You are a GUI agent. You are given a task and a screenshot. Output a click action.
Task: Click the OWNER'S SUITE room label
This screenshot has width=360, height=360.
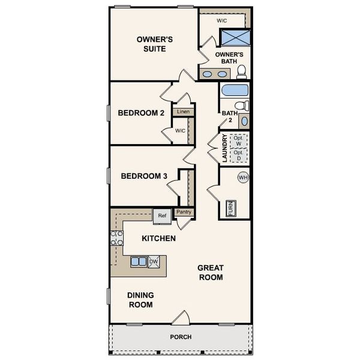click(154, 44)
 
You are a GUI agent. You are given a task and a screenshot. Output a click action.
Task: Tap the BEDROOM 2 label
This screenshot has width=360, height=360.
click(141, 113)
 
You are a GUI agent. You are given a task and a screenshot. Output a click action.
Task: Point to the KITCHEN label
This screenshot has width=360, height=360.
click(158, 238)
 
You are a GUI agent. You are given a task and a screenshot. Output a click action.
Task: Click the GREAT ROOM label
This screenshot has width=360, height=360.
click(210, 272)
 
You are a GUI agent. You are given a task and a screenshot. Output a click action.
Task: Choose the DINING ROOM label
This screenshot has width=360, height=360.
click(140, 299)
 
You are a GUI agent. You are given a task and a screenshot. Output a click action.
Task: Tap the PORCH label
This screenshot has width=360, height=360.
click(181, 337)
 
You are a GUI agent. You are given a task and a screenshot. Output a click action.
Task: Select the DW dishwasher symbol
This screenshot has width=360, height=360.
click(153, 262)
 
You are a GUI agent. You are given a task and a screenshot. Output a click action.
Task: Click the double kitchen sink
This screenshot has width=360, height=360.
click(139, 262)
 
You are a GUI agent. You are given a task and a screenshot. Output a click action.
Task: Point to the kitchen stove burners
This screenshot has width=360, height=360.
click(116, 238)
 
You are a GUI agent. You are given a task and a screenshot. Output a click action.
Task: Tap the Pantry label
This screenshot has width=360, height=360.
click(184, 212)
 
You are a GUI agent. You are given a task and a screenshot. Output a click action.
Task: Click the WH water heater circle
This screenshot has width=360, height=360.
click(243, 178)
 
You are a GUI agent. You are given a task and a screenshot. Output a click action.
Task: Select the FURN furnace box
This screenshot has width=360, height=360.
click(230, 208)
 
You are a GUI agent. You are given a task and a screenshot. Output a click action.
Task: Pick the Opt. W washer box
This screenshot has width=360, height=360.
click(239, 141)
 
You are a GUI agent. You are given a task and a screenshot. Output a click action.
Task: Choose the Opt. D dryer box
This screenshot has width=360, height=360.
click(239, 155)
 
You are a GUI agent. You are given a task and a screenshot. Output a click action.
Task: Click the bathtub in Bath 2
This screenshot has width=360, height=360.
click(235, 91)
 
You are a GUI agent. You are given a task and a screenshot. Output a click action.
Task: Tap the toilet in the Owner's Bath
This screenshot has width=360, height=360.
click(242, 72)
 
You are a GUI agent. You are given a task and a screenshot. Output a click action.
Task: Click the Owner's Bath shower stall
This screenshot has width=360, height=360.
click(235, 37)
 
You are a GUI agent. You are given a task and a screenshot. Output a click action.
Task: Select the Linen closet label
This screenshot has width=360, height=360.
click(183, 112)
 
